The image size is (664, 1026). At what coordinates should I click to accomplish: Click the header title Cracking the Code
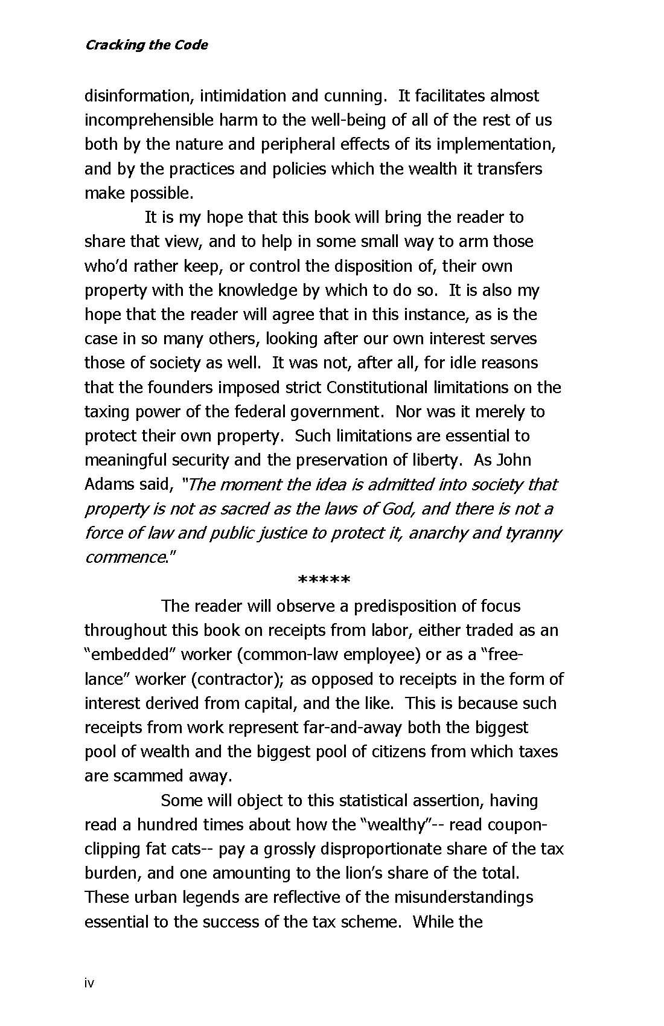point(146,45)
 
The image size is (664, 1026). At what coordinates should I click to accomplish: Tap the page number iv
point(89,983)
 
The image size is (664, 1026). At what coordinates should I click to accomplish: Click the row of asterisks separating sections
point(324,582)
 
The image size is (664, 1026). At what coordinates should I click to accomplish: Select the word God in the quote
point(398,508)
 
